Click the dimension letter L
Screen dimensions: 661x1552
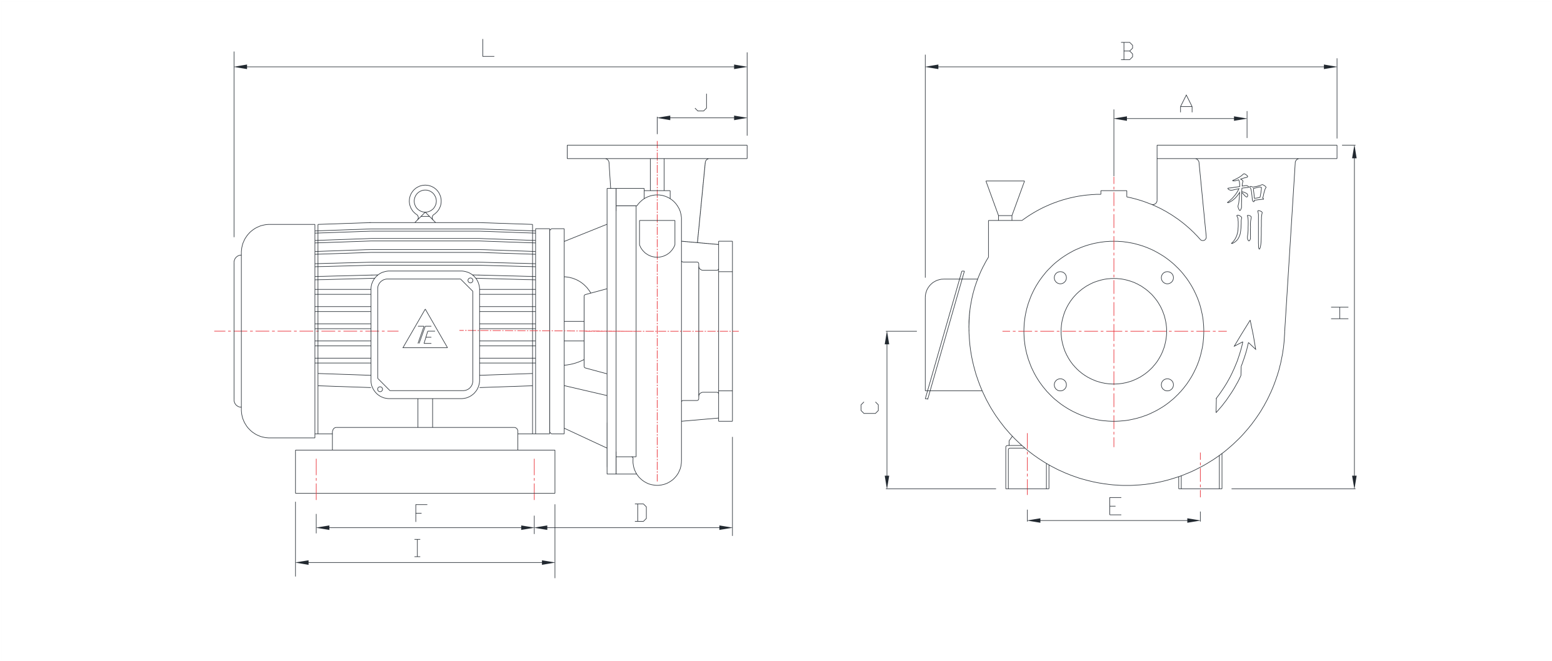point(488,49)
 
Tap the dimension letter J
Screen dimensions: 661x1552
point(701,103)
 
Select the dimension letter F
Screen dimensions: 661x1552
point(419,514)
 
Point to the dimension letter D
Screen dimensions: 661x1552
point(641,514)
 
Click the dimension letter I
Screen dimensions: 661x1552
point(418,549)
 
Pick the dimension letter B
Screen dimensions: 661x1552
point(1127,52)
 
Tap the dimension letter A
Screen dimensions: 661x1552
point(1186,104)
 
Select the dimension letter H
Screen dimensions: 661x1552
point(1340,312)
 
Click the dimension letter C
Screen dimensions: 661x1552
point(869,407)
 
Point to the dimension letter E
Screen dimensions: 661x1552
point(1114,507)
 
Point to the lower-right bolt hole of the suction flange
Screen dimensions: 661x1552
point(1166,384)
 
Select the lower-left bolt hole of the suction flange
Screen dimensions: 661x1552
point(1061,384)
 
